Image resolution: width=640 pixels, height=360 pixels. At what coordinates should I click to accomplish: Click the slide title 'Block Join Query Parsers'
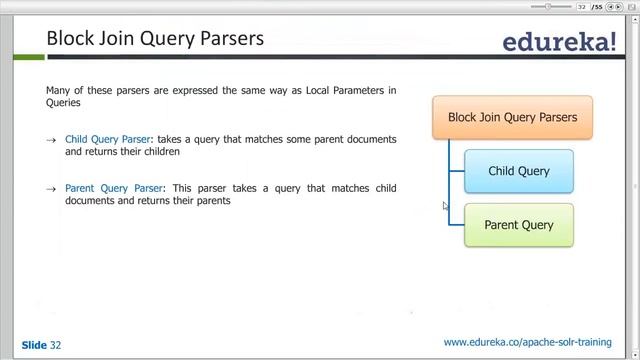tap(155, 39)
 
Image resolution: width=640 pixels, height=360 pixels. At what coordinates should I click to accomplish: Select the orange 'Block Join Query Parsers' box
tap(512, 117)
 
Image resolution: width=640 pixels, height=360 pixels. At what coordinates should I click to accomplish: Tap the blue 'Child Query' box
tap(519, 171)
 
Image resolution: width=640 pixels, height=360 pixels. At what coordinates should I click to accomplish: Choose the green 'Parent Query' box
tap(519, 225)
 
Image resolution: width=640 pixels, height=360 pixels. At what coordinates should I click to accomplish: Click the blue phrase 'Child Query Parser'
tap(107, 139)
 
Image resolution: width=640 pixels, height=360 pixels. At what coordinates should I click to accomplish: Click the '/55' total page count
tap(598, 6)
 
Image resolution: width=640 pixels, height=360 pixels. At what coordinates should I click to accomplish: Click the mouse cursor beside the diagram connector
tap(446, 206)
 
